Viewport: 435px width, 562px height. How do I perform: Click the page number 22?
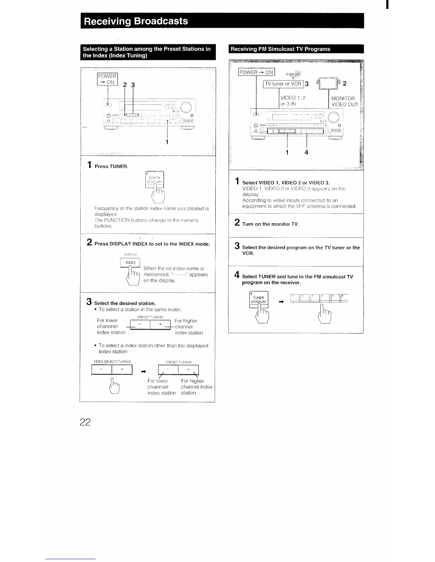[85, 422]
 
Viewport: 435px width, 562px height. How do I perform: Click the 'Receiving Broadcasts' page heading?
[135, 21]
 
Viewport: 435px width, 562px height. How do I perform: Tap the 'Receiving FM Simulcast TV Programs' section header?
[280, 49]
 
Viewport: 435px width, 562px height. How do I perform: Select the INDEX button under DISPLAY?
[130, 263]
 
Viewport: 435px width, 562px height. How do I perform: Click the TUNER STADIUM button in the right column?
[259, 300]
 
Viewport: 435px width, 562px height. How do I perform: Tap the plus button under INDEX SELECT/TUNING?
[122, 370]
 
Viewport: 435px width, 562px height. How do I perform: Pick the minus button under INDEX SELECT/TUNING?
[102, 370]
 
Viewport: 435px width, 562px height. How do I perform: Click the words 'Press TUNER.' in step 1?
[111, 166]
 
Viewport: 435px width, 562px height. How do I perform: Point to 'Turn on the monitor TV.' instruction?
[270, 224]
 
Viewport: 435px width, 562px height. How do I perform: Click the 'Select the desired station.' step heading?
[125, 303]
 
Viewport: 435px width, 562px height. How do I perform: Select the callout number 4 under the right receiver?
[306, 153]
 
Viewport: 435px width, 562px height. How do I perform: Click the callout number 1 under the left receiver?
[167, 142]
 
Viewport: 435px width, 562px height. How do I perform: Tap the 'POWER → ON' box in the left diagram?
[108, 79]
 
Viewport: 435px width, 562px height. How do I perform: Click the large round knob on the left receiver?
[186, 107]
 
